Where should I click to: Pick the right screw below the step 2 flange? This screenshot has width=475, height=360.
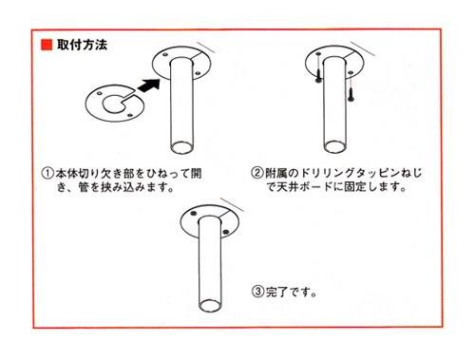tap(351, 93)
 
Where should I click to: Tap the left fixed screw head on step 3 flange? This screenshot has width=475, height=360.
tap(193, 217)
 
